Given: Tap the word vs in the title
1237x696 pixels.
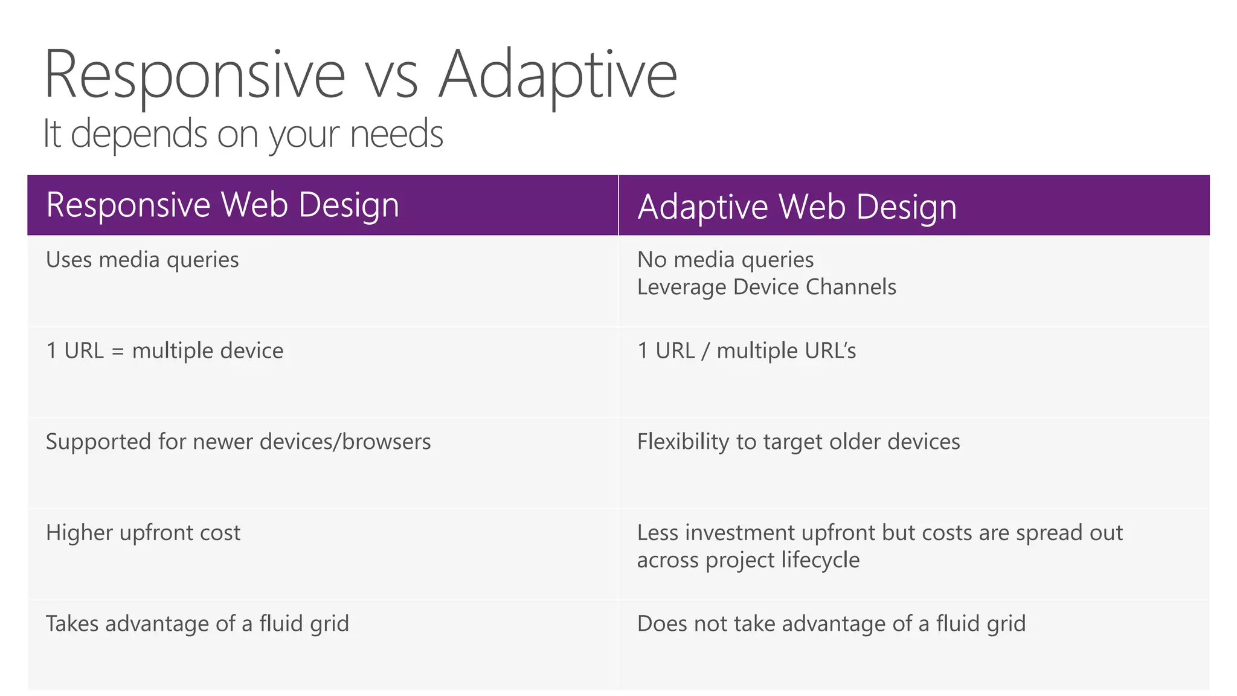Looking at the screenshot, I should (392, 82).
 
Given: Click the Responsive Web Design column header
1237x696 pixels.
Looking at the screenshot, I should (222, 205).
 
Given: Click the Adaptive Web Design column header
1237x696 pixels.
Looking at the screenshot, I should (797, 207).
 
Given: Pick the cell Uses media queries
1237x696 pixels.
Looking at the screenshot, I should (143, 260).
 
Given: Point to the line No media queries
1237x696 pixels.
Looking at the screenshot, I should (725, 260).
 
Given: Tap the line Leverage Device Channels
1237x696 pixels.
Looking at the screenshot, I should (766, 287).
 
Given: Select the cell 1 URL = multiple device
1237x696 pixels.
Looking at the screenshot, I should (164, 351).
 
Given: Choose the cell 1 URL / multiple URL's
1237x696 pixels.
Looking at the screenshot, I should (746, 351).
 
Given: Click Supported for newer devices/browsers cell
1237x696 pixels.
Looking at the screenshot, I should (238, 442).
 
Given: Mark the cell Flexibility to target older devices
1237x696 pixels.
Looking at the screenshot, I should (798, 442).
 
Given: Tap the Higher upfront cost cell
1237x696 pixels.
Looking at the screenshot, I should (143, 533).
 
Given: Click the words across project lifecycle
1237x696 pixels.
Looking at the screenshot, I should (748, 560).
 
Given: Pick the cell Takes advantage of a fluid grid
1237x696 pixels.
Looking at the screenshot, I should (198, 623).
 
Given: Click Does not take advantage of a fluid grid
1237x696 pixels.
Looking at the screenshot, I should (831, 623).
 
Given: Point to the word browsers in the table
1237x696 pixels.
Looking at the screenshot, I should (386, 442).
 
